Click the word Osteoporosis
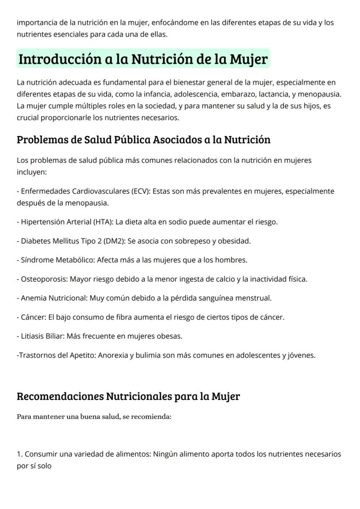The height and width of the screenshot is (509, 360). coord(43,279)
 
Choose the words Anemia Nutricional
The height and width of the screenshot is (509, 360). coord(54,298)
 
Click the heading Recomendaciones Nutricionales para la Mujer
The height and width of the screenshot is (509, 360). coord(128,396)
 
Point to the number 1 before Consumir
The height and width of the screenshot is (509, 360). coord(19,454)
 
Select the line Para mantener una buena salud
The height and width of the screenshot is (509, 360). coord(94,416)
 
